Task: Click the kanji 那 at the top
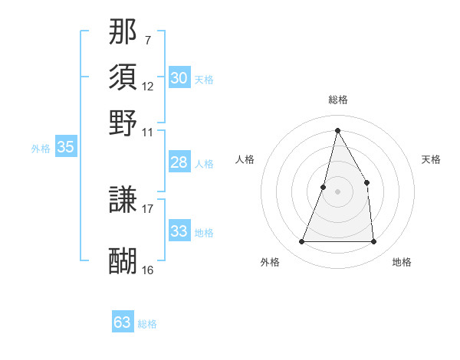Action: pyautogui.click(x=123, y=32)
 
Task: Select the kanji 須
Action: pyautogui.click(x=123, y=77)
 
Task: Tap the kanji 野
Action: pyautogui.click(x=123, y=123)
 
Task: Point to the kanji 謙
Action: pyautogui.click(x=123, y=201)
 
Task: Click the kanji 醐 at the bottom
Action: pyautogui.click(x=123, y=261)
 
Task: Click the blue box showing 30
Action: pyautogui.click(x=179, y=78)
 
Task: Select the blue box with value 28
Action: pyautogui.click(x=179, y=162)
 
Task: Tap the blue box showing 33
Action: pyautogui.click(x=179, y=231)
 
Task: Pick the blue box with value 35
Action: pyautogui.click(x=65, y=148)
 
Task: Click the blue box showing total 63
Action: pyautogui.click(x=123, y=322)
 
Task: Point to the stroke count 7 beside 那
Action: pyautogui.click(x=147, y=39)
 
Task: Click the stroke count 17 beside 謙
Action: pyautogui.click(x=148, y=208)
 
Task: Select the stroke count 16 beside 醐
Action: pyautogui.click(x=148, y=269)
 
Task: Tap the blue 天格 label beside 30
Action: pyautogui.click(x=204, y=80)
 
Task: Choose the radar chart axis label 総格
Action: pyautogui.click(x=337, y=100)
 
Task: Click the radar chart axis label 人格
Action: pyautogui.click(x=245, y=159)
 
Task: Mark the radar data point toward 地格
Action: pyautogui.click(x=373, y=242)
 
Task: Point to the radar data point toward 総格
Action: pyautogui.click(x=337, y=130)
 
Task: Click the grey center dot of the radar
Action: pyautogui.click(x=337, y=191)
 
